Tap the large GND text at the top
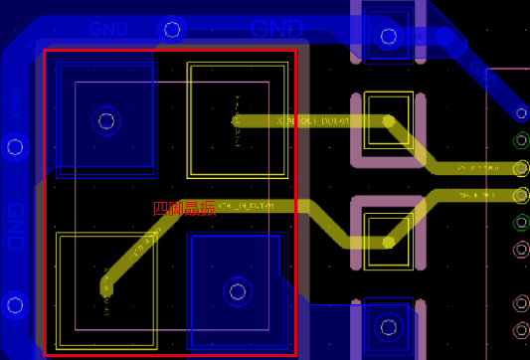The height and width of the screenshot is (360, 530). [x=287, y=29]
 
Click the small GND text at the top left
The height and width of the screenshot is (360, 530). [x=108, y=30]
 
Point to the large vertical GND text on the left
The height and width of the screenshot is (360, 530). [x=15, y=228]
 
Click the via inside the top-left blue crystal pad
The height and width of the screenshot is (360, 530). [x=105, y=121]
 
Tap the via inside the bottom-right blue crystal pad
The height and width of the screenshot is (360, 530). [x=237, y=290]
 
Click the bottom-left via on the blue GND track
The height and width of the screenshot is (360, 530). [x=15, y=304]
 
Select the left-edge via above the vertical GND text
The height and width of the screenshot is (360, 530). [x=15, y=147]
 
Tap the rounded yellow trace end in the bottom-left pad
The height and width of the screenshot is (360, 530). [x=107, y=288]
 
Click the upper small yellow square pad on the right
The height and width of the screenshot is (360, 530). [x=388, y=120]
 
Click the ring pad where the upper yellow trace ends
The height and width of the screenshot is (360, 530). [x=521, y=168]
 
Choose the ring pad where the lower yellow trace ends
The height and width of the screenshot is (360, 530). [x=521, y=194]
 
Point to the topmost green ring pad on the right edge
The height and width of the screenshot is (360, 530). [x=521, y=140]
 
